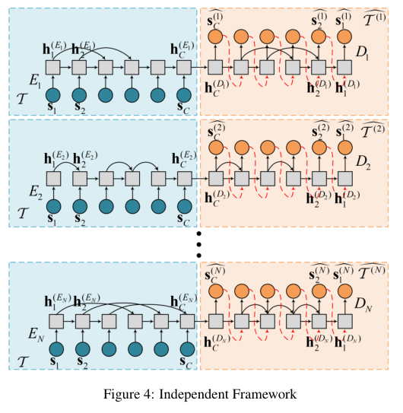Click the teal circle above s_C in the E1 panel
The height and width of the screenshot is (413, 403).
tap(183, 96)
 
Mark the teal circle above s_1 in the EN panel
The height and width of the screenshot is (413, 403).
tap(52, 349)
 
